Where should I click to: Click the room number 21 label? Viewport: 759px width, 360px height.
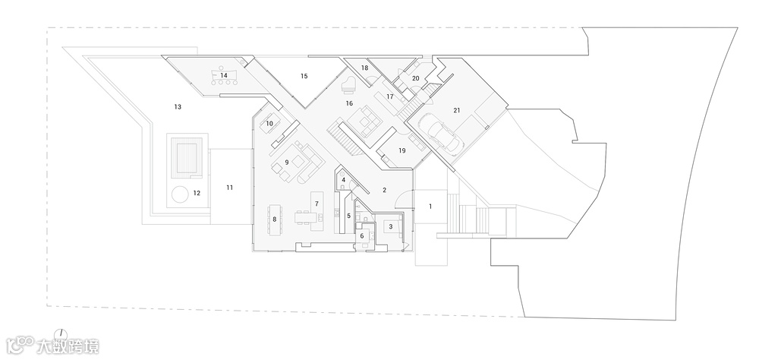point(456,110)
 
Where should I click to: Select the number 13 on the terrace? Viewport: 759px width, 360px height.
point(177,107)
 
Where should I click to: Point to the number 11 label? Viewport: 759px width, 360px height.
point(229,186)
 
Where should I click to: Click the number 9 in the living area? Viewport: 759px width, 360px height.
point(288,162)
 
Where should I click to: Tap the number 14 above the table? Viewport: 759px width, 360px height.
point(225,75)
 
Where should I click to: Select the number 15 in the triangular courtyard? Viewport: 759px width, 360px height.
point(304,76)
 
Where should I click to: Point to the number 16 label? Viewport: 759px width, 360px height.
point(349,103)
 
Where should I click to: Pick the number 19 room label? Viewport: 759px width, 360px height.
point(402,150)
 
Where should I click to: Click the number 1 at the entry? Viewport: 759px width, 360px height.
point(430,206)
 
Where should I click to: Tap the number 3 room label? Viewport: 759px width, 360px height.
point(391,226)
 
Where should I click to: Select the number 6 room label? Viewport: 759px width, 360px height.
point(362,236)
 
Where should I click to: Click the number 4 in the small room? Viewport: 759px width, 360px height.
point(344,180)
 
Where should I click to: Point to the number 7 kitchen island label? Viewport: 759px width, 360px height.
point(316,204)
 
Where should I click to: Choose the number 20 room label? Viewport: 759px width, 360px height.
point(415,78)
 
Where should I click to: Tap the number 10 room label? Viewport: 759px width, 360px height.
point(269,123)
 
